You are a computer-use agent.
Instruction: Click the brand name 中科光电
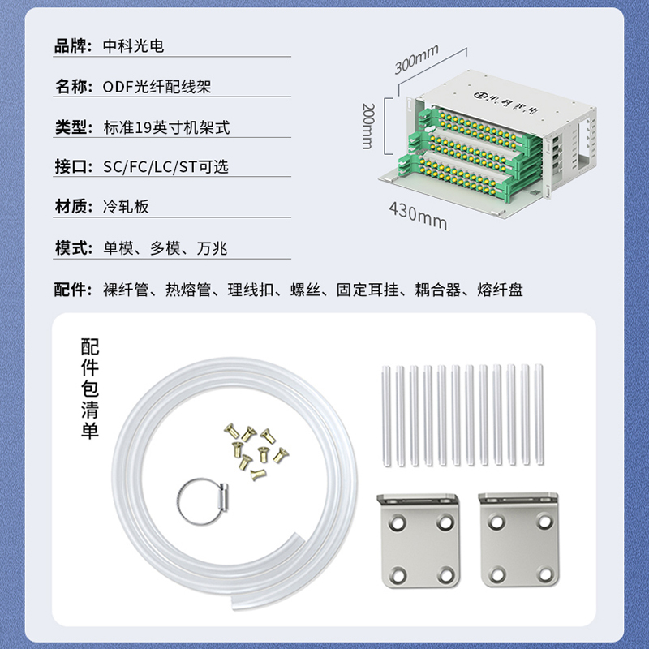[133, 45]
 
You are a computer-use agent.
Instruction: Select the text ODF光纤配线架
[157, 87]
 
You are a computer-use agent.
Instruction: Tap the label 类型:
[74, 127]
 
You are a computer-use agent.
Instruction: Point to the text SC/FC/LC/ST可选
[165, 167]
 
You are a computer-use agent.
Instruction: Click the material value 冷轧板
[126, 206]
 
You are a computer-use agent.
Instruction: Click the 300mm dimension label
[416, 59]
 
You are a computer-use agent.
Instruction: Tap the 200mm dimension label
[368, 126]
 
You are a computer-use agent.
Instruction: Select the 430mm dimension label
[418, 216]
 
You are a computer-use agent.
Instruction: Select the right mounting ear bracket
[518, 539]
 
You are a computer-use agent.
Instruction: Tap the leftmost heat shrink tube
[386, 416]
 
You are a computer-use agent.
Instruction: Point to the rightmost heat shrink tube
[539, 415]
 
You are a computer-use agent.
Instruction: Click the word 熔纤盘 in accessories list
[500, 290]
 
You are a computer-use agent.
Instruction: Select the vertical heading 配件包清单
[90, 389]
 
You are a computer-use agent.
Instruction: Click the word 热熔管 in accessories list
[188, 290]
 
